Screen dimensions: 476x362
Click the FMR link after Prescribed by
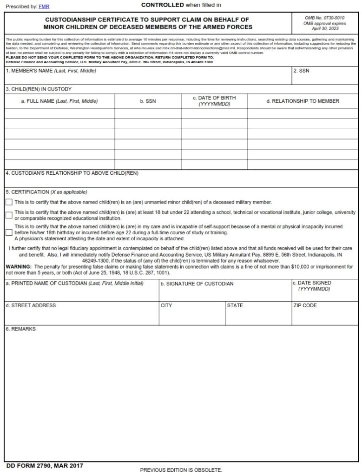(x=44, y=6)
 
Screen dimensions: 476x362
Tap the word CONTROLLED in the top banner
(x=162, y=5)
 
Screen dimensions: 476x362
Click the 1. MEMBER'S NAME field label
(x=51, y=71)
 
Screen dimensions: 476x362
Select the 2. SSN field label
(x=301, y=71)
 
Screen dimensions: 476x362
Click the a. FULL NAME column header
(x=59, y=101)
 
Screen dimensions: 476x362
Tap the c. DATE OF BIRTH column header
(x=214, y=101)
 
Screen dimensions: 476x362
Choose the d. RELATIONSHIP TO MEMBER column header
(x=303, y=101)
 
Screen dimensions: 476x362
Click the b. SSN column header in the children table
(x=148, y=101)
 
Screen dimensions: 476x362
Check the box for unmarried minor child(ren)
(x=9, y=202)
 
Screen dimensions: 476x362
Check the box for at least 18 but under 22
(x=9, y=215)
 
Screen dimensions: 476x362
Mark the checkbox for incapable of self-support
(x=9, y=232)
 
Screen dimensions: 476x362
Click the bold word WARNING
(x=18, y=267)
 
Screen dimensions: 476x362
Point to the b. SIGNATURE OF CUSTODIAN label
(x=197, y=284)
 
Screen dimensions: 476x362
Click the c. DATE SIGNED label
(x=311, y=283)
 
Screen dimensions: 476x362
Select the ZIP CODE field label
(x=305, y=305)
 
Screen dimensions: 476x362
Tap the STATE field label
(x=235, y=305)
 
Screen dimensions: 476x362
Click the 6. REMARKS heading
(x=20, y=329)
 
